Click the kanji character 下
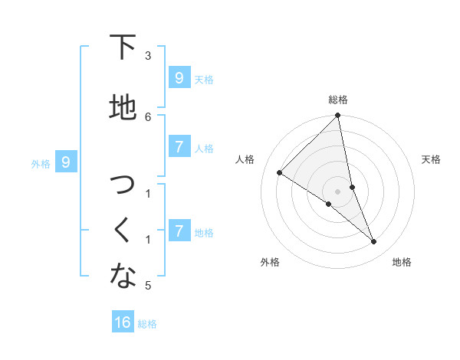pyautogui.click(x=123, y=47)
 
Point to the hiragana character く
pyautogui.click(x=123, y=229)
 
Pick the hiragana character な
pyautogui.click(x=123, y=277)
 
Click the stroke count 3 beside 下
pyautogui.click(x=148, y=56)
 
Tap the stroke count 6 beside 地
pyautogui.click(x=148, y=116)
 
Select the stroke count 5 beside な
pyautogui.click(x=148, y=286)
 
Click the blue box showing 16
pyautogui.click(x=123, y=322)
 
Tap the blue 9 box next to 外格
pyautogui.click(x=66, y=162)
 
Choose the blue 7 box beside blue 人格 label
pyautogui.click(x=179, y=147)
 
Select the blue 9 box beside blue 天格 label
pyautogui.click(x=179, y=78)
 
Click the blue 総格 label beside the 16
pyautogui.click(x=147, y=324)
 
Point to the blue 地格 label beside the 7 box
pyautogui.click(x=204, y=233)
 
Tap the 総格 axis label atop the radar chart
pyautogui.click(x=338, y=100)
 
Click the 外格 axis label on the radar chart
pyautogui.click(x=270, y=262)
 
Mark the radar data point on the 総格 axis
pyautogui.click(x=338, y=116)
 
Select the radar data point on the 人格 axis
pyautogui.click(x=280, y=172)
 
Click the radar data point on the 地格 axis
pyautogui.click(x=374, y=241)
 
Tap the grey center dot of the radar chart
pyautogui.click(x=338, y=191)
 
